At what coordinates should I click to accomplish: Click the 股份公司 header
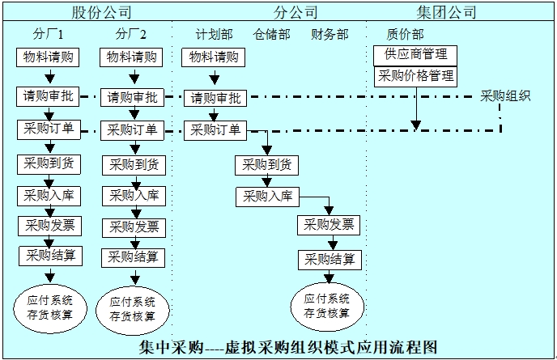(101, 12)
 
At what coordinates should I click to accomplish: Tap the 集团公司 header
(446, 12)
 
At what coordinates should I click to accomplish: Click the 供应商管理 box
(415, 55)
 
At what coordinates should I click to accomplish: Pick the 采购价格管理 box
(415, 76)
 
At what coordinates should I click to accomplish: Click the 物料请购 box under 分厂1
(49, 57)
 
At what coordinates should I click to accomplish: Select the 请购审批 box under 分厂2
(132, 97)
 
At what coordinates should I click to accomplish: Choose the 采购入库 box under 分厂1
(49, 195)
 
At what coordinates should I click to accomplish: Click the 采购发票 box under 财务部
(328, 224)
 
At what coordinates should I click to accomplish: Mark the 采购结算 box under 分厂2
(133, 256)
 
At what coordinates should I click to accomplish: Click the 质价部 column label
(405, 35)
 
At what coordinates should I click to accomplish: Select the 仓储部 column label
(271, 35)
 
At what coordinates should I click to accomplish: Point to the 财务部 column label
(330, 35)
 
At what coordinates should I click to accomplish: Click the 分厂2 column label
(131, 35)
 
